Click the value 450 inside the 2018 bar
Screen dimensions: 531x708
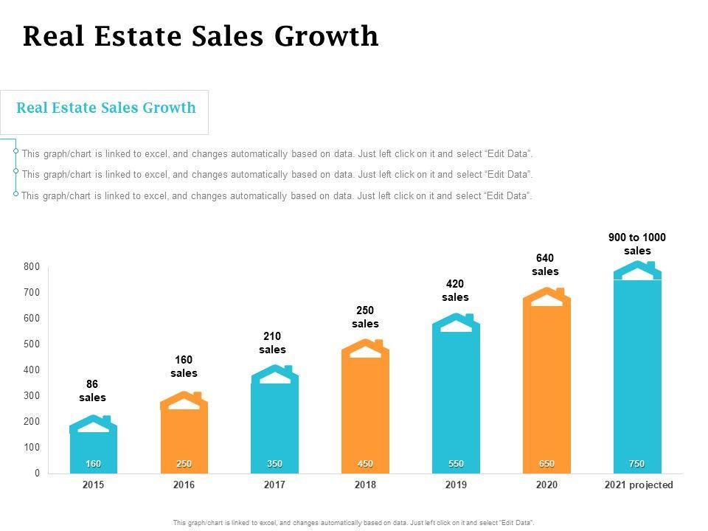[365, 464]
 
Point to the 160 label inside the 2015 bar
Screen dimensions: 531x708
[93, 464]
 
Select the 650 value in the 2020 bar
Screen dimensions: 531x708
[546, 464]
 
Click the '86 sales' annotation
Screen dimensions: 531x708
[93, 391]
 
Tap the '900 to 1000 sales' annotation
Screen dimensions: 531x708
[637, 244]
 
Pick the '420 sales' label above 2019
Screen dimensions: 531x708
[456, 291]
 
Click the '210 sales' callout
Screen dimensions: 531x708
[273, 343]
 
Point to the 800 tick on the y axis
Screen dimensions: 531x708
[31, 267]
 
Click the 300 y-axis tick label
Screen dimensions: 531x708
[31, 396]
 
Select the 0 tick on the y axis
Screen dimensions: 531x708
[35, 473]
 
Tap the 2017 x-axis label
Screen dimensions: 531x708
[274, 485]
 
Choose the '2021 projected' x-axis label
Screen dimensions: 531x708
[639, 485]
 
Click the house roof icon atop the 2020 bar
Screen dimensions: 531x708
[546, 296]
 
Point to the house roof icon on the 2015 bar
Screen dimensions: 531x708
[94, 424]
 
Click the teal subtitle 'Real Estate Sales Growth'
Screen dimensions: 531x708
[106, 108]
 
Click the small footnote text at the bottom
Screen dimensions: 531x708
[353, 522]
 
